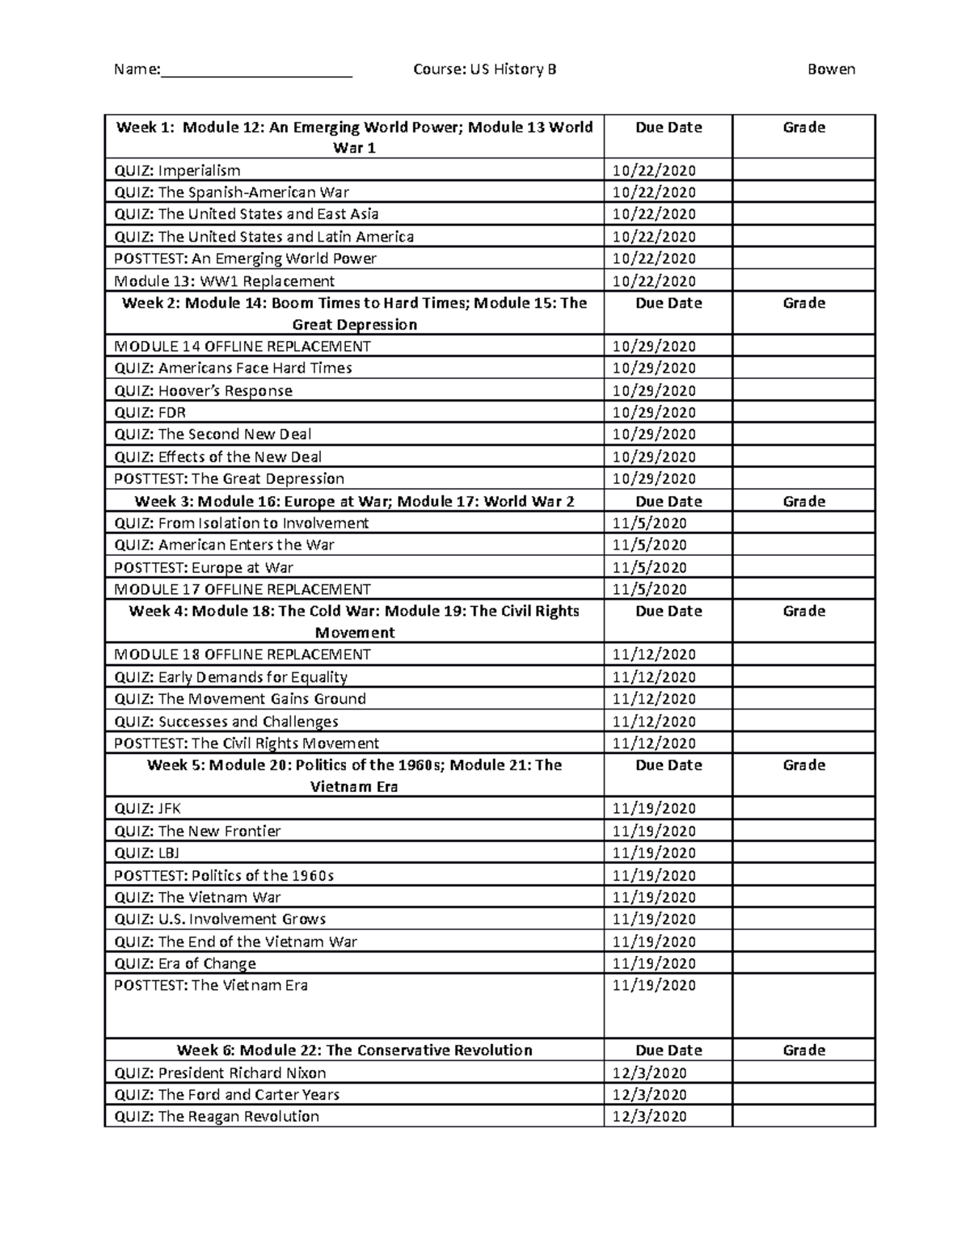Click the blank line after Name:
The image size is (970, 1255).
coord(256,71)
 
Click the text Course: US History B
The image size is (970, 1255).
coord(484,69)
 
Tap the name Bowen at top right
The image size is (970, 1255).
coord(831,69)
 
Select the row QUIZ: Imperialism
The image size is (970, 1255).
coord(177,171)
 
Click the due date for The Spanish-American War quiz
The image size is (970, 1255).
coord(653,192)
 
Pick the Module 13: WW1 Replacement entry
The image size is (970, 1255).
coord(224,281)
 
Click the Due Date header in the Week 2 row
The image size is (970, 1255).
coord(668,303)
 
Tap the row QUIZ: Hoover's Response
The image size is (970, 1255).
coord(203,391)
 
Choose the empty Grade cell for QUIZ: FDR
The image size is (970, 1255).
coord(803,412)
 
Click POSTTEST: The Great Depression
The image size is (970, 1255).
coord(229,478)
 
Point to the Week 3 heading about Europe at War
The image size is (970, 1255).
coord(354,501)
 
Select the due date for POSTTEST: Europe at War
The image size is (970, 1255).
coord(649,567)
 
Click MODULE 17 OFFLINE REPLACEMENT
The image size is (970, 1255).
coord(242,589)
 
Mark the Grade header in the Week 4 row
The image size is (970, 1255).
coord(803,611)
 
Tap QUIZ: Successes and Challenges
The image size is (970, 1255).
coord(226,722)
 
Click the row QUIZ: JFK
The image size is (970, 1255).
coord(147,809)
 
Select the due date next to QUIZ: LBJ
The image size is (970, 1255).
coord(653,853)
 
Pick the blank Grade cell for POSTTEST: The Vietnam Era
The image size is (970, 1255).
coord(803,1005)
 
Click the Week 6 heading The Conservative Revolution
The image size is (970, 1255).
coord(354,1050)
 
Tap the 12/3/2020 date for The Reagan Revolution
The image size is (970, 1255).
coord(649,1117)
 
